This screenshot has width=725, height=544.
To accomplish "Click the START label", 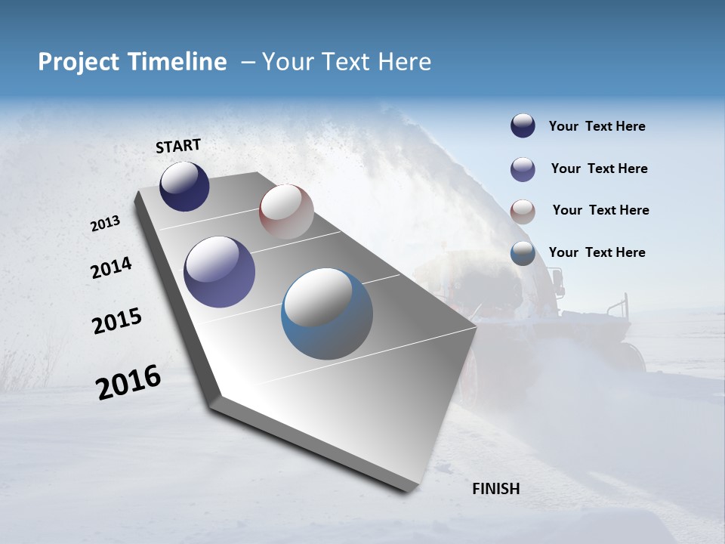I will point(178,146).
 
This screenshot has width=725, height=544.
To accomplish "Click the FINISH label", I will point(495,489).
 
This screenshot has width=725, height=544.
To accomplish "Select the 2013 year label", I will point(106,224).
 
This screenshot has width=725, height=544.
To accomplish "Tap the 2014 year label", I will point(112,267).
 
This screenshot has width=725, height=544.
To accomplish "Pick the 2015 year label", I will point(117,321).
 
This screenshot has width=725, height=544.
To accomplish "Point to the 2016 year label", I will point(128,382).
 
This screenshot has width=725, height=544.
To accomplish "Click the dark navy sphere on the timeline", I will point(184,187).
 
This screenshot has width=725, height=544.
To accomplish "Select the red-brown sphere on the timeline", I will point(286,212).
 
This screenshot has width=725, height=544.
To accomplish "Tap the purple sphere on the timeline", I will point(219,272).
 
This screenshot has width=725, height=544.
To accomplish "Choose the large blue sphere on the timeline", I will point(327,314).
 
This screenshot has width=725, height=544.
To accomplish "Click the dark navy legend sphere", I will point(523,125).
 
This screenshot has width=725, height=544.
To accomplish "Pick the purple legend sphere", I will point(523,169).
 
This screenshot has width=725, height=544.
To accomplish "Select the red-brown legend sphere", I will point(523,212).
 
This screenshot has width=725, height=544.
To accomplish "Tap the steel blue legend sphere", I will point(523,253).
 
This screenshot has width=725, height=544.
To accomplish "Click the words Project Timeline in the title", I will point(132,62).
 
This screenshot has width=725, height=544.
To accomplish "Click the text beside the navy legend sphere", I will point(597,127).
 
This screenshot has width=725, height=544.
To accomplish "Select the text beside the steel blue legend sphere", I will point(597,252).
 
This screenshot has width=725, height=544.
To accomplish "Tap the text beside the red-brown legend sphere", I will point(600,210).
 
